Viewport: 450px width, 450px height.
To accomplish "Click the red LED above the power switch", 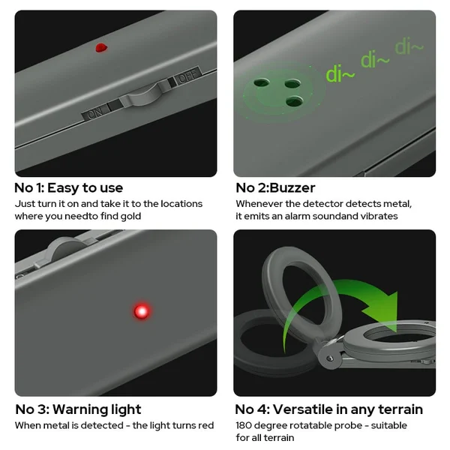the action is point(101,48).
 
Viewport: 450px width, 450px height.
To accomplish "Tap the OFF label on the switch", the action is point(188,75).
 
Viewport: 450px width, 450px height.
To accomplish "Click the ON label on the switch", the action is point(95,113).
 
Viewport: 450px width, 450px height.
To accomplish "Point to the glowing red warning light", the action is point(142,311).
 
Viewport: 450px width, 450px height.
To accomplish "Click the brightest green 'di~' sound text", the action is point(340,74).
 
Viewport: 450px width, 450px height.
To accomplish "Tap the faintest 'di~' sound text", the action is point(409,46).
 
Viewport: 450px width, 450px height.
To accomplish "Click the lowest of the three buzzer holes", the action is point(295,101).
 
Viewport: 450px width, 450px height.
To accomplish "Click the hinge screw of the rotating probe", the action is point(330,358).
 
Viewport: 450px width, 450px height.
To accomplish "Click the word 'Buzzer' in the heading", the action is point(292,188).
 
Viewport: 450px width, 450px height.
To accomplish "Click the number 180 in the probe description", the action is point(243,425).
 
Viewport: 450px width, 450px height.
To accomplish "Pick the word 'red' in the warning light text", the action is point(207,425).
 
